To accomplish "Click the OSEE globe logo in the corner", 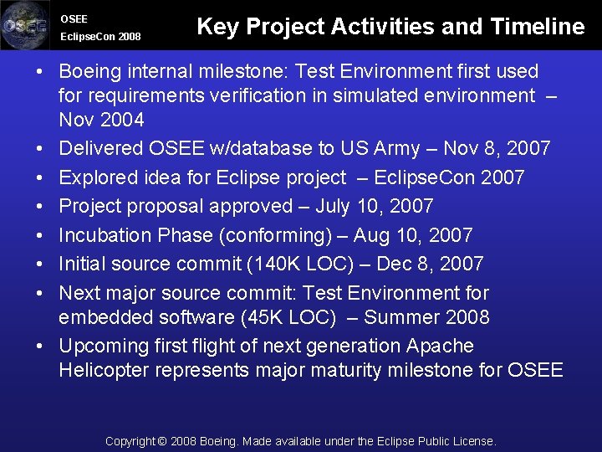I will click(25, 25).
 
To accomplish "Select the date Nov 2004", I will click(101, 120).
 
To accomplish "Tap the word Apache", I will click(440, 346).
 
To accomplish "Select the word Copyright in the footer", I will click(130, 441).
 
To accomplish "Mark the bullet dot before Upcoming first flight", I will click(40, 347).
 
